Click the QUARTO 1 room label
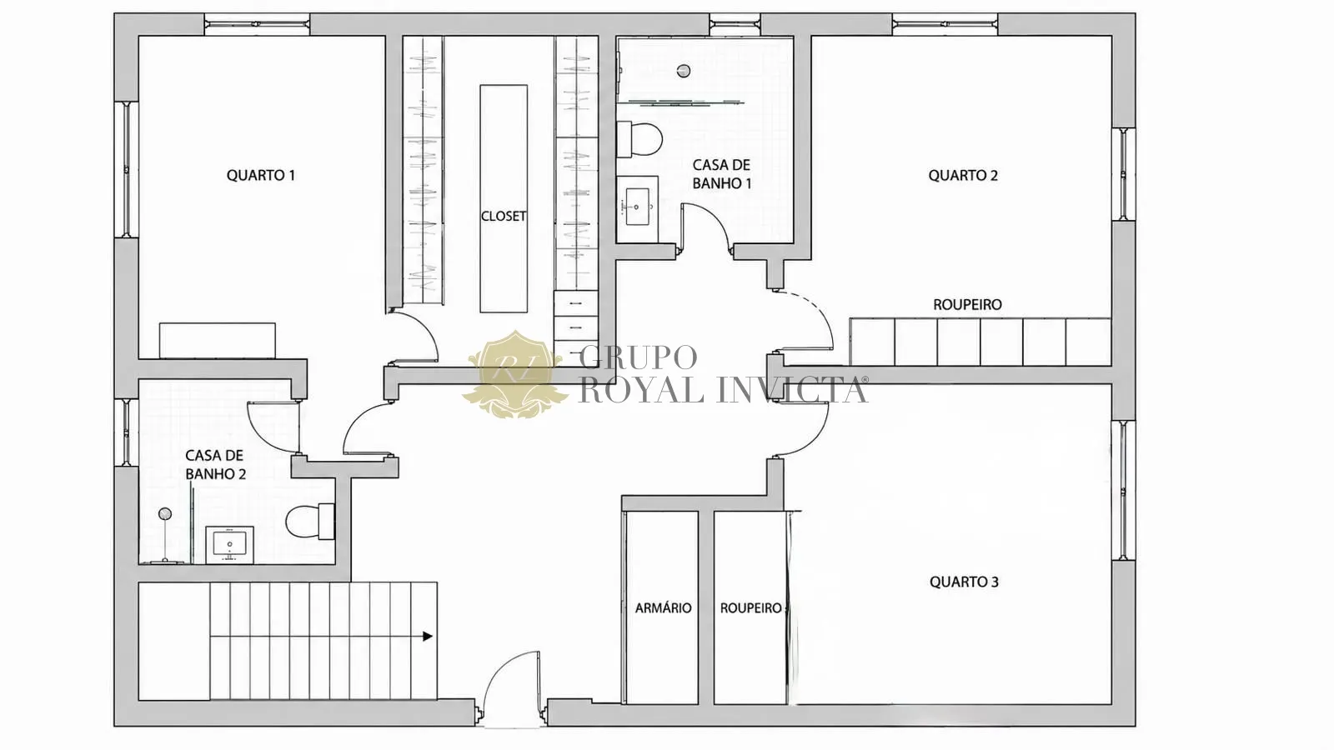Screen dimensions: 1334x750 point(261,176)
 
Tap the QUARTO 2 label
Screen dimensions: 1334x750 point(963,176)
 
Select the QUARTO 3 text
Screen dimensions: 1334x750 point(964,582)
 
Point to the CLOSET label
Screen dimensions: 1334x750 point(504,216)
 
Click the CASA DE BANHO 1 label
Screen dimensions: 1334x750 point(722,174)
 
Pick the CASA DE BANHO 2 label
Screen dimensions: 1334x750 point(215,465)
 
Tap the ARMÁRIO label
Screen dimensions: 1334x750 point(664,607)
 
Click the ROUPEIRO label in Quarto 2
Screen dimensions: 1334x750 point(967,305)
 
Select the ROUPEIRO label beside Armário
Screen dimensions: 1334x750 point(751,608)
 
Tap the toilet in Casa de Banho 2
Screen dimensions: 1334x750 point(309,522)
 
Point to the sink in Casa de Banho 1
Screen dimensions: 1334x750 point(637,208)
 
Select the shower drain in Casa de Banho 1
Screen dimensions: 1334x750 point(684,72)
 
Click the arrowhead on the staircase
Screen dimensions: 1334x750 point(428,637)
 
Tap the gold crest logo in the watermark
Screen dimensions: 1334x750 point(514,374)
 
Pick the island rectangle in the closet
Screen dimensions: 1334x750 point(504,199)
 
